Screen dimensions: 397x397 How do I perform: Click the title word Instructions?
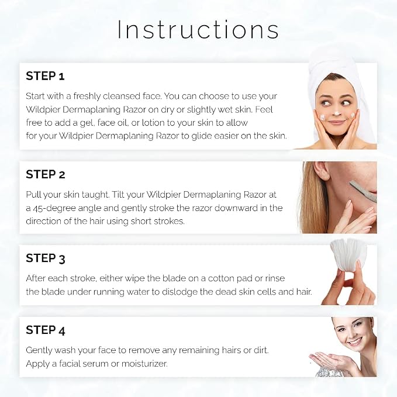(198, 29)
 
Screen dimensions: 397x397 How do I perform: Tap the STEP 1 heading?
(46, 76)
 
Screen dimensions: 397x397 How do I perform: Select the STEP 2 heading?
(46, 174)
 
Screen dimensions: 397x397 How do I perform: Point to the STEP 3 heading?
(46, 258)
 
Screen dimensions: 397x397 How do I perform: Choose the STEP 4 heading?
(46, 330)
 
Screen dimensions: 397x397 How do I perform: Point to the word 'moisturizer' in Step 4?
(144, 364)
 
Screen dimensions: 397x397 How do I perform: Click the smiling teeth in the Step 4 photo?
(355, 341)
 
